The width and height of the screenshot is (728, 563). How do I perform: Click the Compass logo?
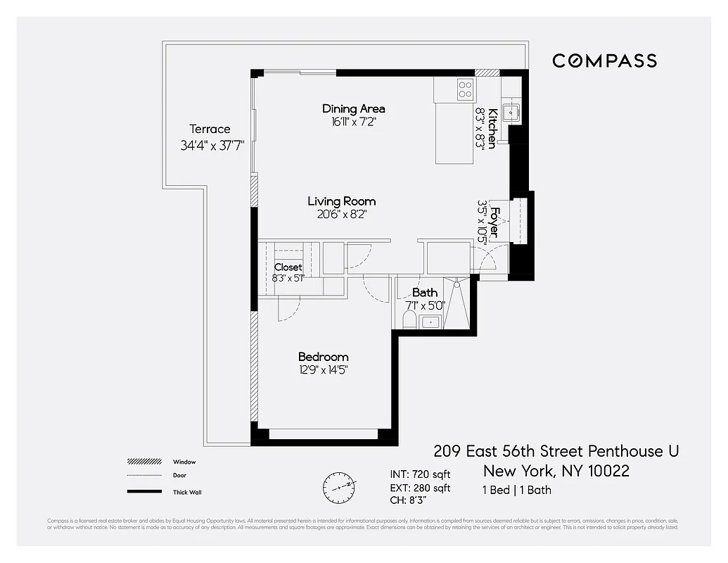pyautogui.click(x=604, y=61)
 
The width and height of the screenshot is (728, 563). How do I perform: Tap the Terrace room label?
pyautogui.click(x=210, y=129)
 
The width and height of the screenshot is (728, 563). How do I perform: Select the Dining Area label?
pyautogui.click(x=353, y=108)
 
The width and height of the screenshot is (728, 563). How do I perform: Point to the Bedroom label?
pyautogui.click(x=323, y=357)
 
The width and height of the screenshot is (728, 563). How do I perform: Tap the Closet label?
pyautogui.click(x=288, y=267)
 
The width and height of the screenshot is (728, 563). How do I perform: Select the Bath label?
pyautogui.click(x=425, y=292)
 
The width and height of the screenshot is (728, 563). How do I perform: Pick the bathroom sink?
pyautogui.click(x=429, y=322)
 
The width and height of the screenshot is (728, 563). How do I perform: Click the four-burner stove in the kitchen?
pyautogui.click(x=465, y=89)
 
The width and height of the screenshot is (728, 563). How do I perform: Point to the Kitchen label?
pyautogui.click(x=493, y=127)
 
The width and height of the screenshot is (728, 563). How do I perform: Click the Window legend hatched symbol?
pyautogui.click(x=145, y=462)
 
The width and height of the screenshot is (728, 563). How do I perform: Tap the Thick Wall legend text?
pyautogui.click(x=187, y=492)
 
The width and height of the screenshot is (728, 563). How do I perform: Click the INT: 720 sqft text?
pyautogui.click(x=420, y=474)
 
